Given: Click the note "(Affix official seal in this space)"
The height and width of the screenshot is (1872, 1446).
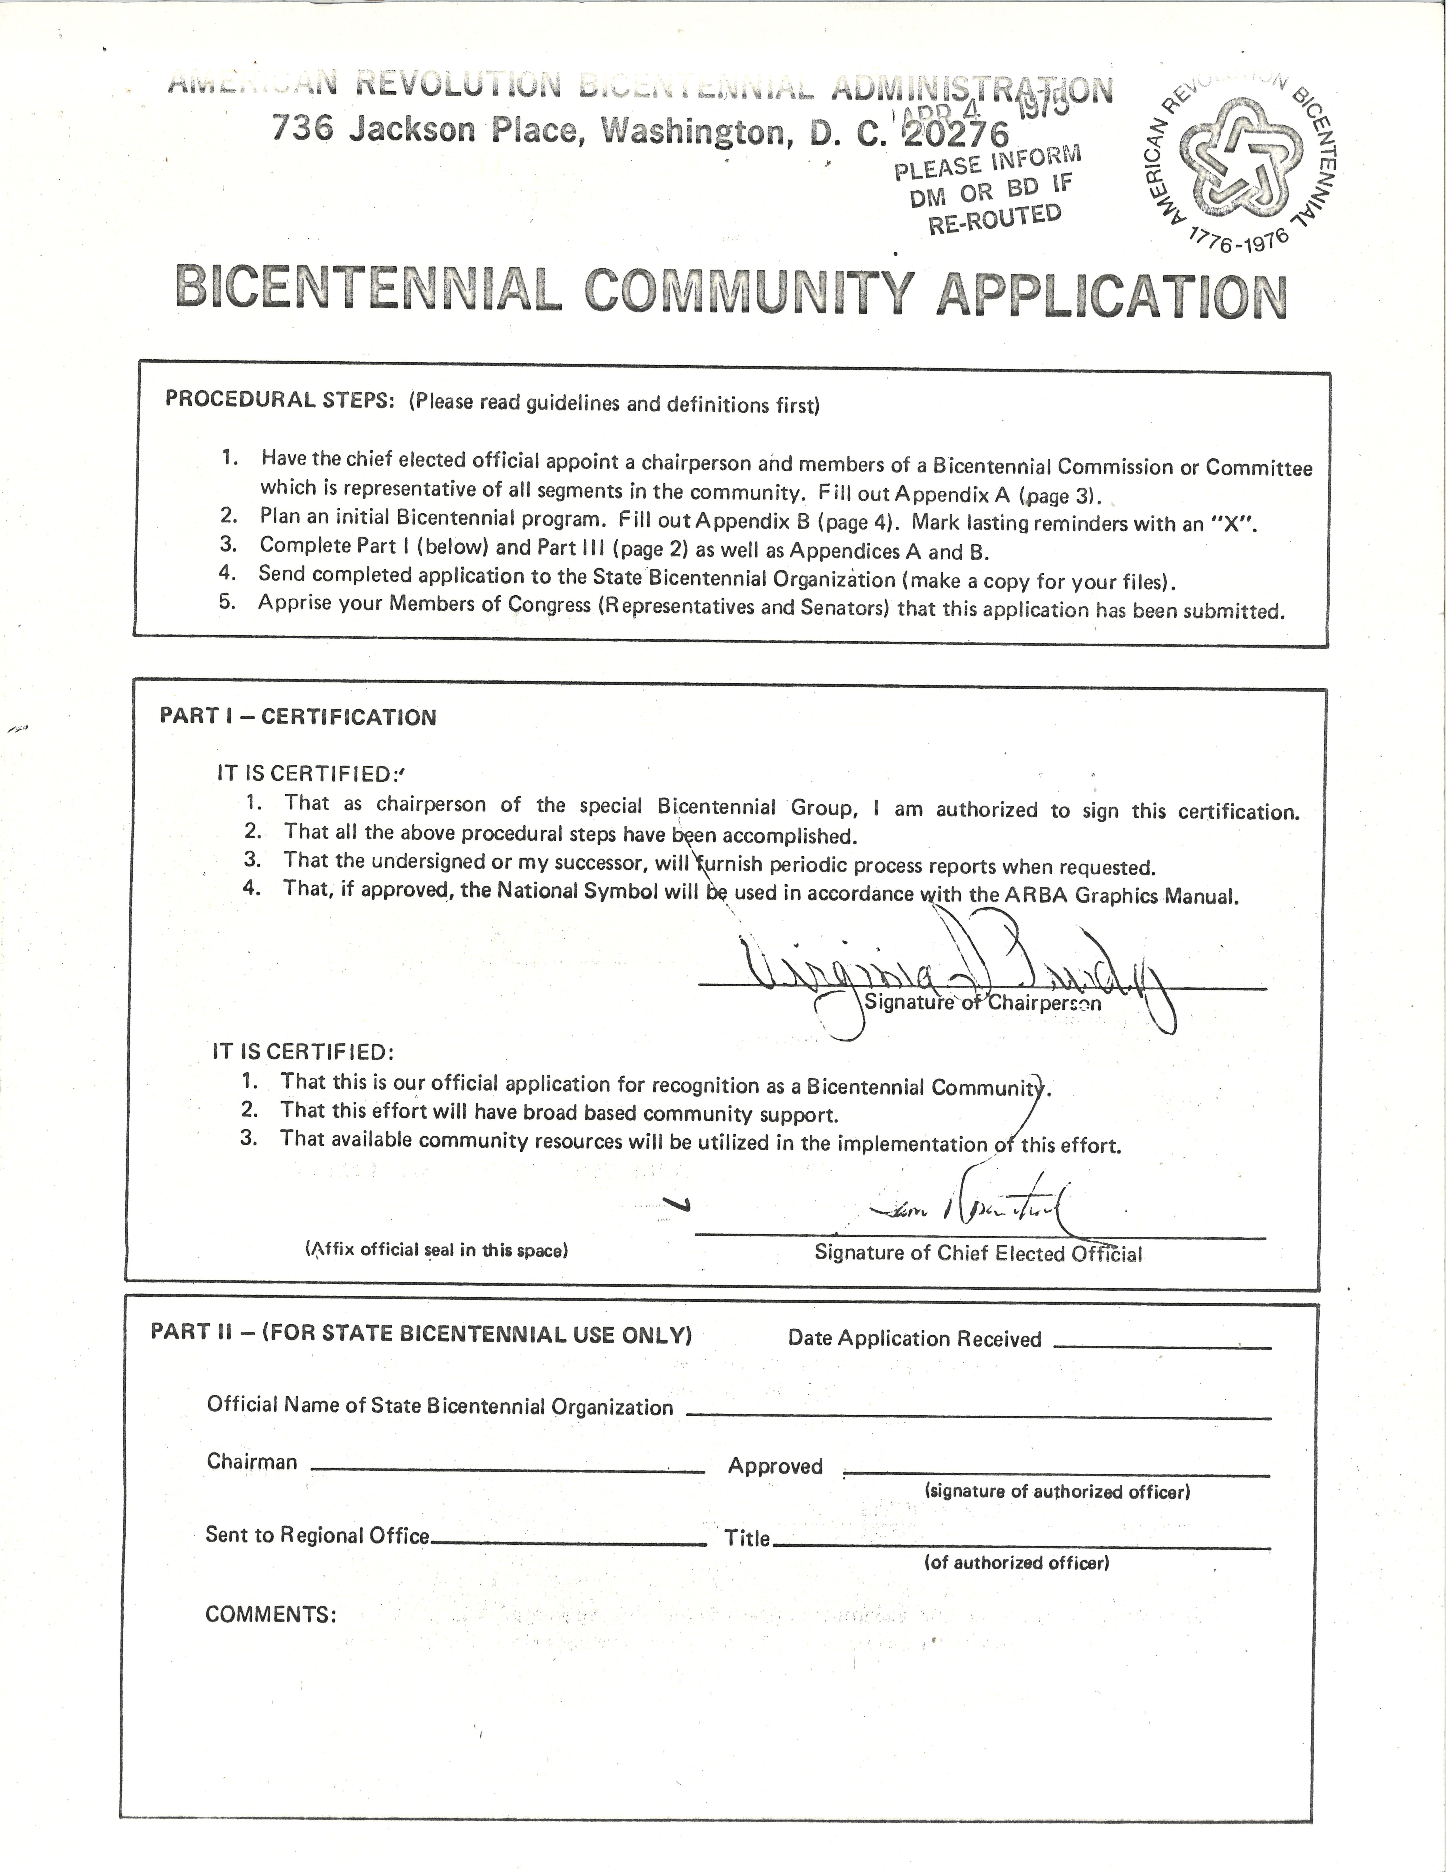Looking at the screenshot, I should point(436,1250).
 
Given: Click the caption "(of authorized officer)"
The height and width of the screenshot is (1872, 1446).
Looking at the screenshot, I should point(1016,1563).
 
